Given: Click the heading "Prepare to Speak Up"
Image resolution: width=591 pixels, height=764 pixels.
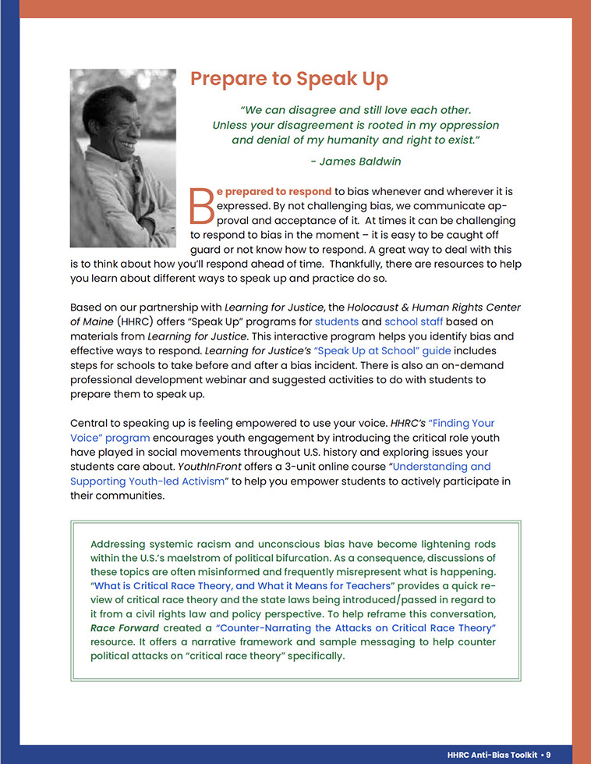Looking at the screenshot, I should coord(288,79).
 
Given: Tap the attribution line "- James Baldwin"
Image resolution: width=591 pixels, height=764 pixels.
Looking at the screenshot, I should coord(355,162).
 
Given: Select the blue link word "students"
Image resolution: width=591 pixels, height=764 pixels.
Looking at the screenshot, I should coord(337,322).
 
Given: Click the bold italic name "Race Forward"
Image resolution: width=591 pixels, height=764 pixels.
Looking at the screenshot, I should coord(124,627).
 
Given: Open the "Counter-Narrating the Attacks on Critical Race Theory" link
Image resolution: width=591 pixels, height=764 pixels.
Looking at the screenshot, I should coord(356,627).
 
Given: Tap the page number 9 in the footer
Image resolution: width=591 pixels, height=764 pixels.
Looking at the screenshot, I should coord(548,755).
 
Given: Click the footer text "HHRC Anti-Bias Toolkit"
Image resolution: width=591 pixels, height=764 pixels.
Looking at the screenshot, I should coord(494,755).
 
